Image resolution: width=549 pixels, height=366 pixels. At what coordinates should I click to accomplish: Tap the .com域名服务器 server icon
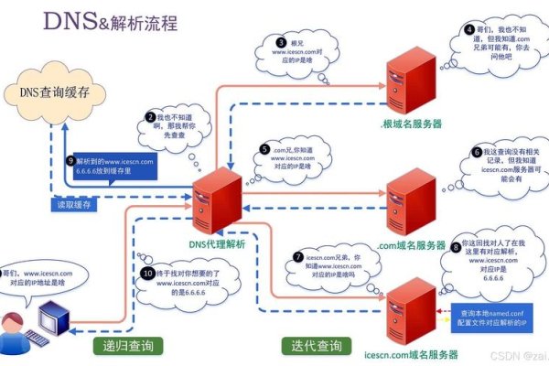click(407, 200)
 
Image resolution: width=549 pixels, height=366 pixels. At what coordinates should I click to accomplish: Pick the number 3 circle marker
click(281, 42)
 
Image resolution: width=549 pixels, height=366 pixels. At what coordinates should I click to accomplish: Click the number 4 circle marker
click(469, 29)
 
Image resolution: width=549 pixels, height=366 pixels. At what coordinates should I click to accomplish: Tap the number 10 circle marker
click(148, 273)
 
